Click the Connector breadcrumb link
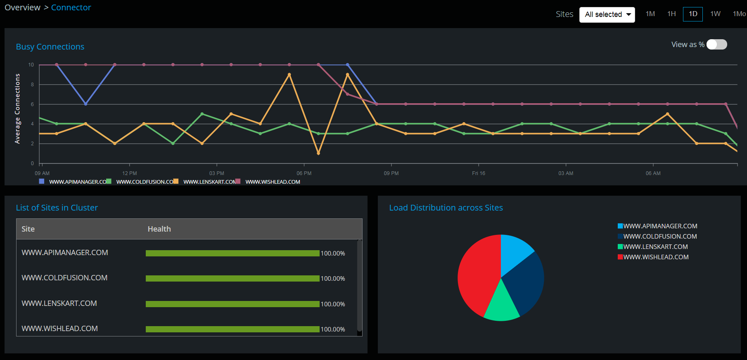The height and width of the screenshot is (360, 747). [x=71, y=7]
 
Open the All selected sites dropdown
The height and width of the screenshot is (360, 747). [x=607, y=14]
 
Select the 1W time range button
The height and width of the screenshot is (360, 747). [x=715, y=14]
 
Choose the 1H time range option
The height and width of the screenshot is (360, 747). [x=671, y=14]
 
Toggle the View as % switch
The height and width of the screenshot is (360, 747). [x=716, y=45]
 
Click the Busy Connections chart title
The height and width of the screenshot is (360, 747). [x=50, y=47]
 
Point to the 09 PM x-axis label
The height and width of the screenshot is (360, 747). [x=391, y=173]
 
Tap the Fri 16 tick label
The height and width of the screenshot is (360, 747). [x=479, y=173]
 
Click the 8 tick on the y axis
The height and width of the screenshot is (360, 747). [x=32, y=85]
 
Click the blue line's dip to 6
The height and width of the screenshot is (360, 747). [x=85, y=104]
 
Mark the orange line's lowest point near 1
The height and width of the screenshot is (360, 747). [x=318, y=154]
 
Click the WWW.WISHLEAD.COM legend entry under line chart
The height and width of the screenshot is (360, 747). [x=273, y=182]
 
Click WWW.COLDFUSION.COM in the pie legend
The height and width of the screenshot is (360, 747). [x=660, y=237]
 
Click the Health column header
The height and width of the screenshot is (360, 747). [x=159, y=229]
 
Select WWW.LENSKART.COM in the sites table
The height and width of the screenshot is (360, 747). [x=59, y=303]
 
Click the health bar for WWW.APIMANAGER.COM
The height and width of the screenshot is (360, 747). [x=232, y=253]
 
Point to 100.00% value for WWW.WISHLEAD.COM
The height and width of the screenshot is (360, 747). [x=333, y=329]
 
